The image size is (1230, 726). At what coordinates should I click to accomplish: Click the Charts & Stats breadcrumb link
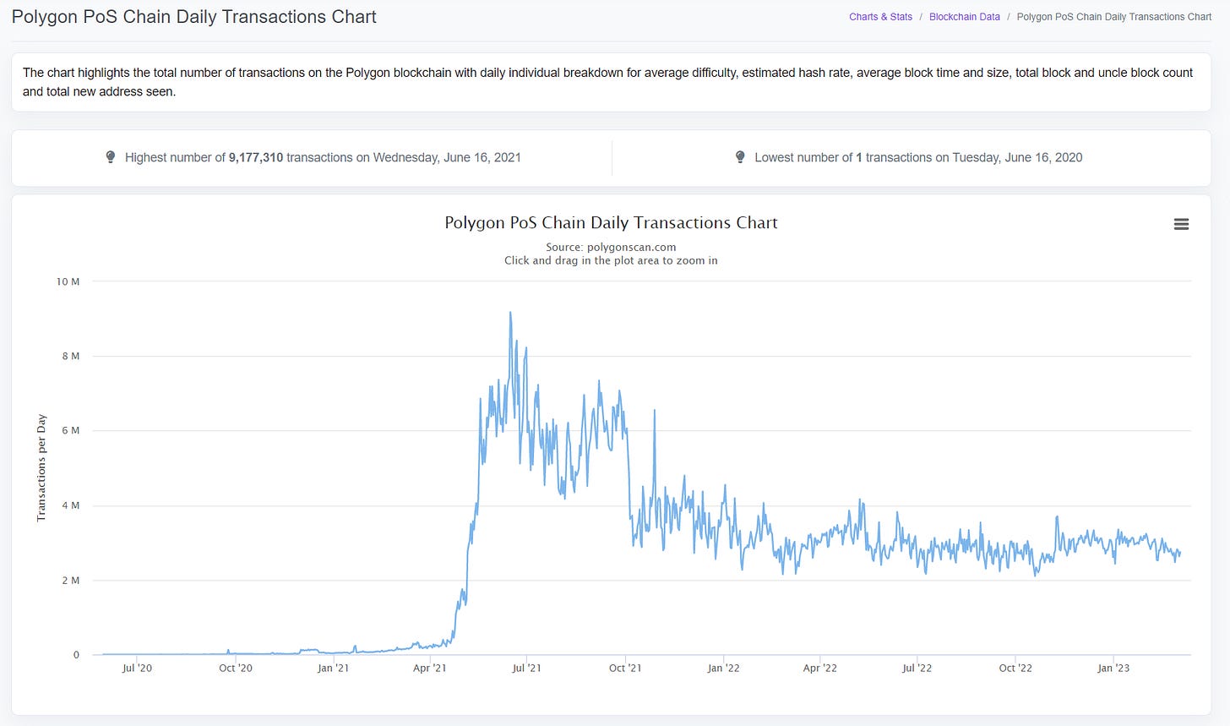(x=880, y=17)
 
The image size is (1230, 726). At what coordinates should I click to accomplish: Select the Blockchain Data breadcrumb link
(x=964, y=17)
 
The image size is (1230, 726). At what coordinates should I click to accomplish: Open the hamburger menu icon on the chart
(x=1181, y=224)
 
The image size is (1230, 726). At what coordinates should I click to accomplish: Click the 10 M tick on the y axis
(x=68, y=281)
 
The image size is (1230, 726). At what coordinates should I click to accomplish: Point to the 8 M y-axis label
(x=70, y=356)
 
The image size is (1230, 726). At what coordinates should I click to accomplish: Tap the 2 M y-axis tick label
(x=70, y=581)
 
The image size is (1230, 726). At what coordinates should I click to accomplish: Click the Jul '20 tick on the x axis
(x=137, y=669)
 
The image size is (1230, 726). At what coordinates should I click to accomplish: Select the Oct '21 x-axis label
(x=625, y=669)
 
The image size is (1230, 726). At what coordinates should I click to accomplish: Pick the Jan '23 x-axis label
(x=1113, y=669)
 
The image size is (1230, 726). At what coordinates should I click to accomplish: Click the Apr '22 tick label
(x=819, y=669)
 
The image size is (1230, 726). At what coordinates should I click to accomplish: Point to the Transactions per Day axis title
(x=41, y=468)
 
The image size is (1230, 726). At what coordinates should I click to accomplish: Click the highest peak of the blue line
(x=510, y=313)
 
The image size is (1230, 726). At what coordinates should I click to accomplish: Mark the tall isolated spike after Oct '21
(x=655, y=410)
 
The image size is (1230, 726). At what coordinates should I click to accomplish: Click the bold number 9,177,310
(x=256, y=157)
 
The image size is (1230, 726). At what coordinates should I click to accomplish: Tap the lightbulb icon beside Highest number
(x=111, y=157)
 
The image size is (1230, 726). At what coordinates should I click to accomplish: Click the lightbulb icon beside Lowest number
(x=740, y=157)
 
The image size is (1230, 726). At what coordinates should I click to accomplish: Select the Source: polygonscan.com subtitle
(x=611, y=247)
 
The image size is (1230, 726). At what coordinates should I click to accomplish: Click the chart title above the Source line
(x=611, y=222)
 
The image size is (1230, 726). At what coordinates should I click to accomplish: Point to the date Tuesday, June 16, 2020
(x=1017, y=157)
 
